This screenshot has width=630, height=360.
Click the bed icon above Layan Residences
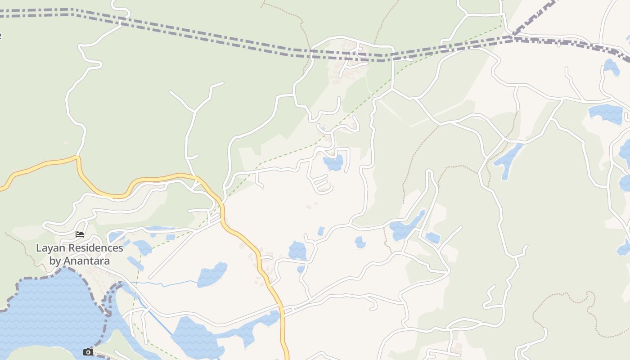(80, 234)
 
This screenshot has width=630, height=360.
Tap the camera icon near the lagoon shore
(88, 352)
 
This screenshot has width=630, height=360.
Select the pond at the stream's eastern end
(211, 275)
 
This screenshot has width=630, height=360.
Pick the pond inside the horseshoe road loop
(333, 163)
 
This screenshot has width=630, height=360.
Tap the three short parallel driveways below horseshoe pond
(321, 183)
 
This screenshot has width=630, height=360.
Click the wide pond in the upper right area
(606, 113)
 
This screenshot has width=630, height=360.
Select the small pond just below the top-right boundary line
(611, 67)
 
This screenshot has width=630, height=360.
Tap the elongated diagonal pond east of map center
(405, 227)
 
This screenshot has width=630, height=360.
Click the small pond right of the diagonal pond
(432, 238)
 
